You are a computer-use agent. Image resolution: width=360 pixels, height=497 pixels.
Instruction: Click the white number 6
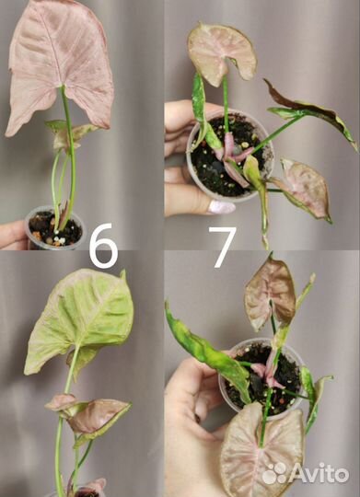(x=103, y=246)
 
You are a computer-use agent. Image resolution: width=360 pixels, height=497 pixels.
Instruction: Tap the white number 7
(x=223, y=247)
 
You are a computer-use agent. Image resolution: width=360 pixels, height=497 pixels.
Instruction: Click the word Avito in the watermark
(x=319, y=474)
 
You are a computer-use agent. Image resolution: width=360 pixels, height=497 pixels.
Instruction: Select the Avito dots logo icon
(x=275, y=473)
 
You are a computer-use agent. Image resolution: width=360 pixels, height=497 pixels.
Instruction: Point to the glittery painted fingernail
(x=221, y=207)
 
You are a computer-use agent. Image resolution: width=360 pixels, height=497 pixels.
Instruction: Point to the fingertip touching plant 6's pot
(x=13, y=235)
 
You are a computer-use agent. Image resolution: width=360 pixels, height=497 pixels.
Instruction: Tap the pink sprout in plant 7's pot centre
(x=233, y=158)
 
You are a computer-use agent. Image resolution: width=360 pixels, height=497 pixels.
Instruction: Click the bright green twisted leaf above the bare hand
(x=206, y=352)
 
